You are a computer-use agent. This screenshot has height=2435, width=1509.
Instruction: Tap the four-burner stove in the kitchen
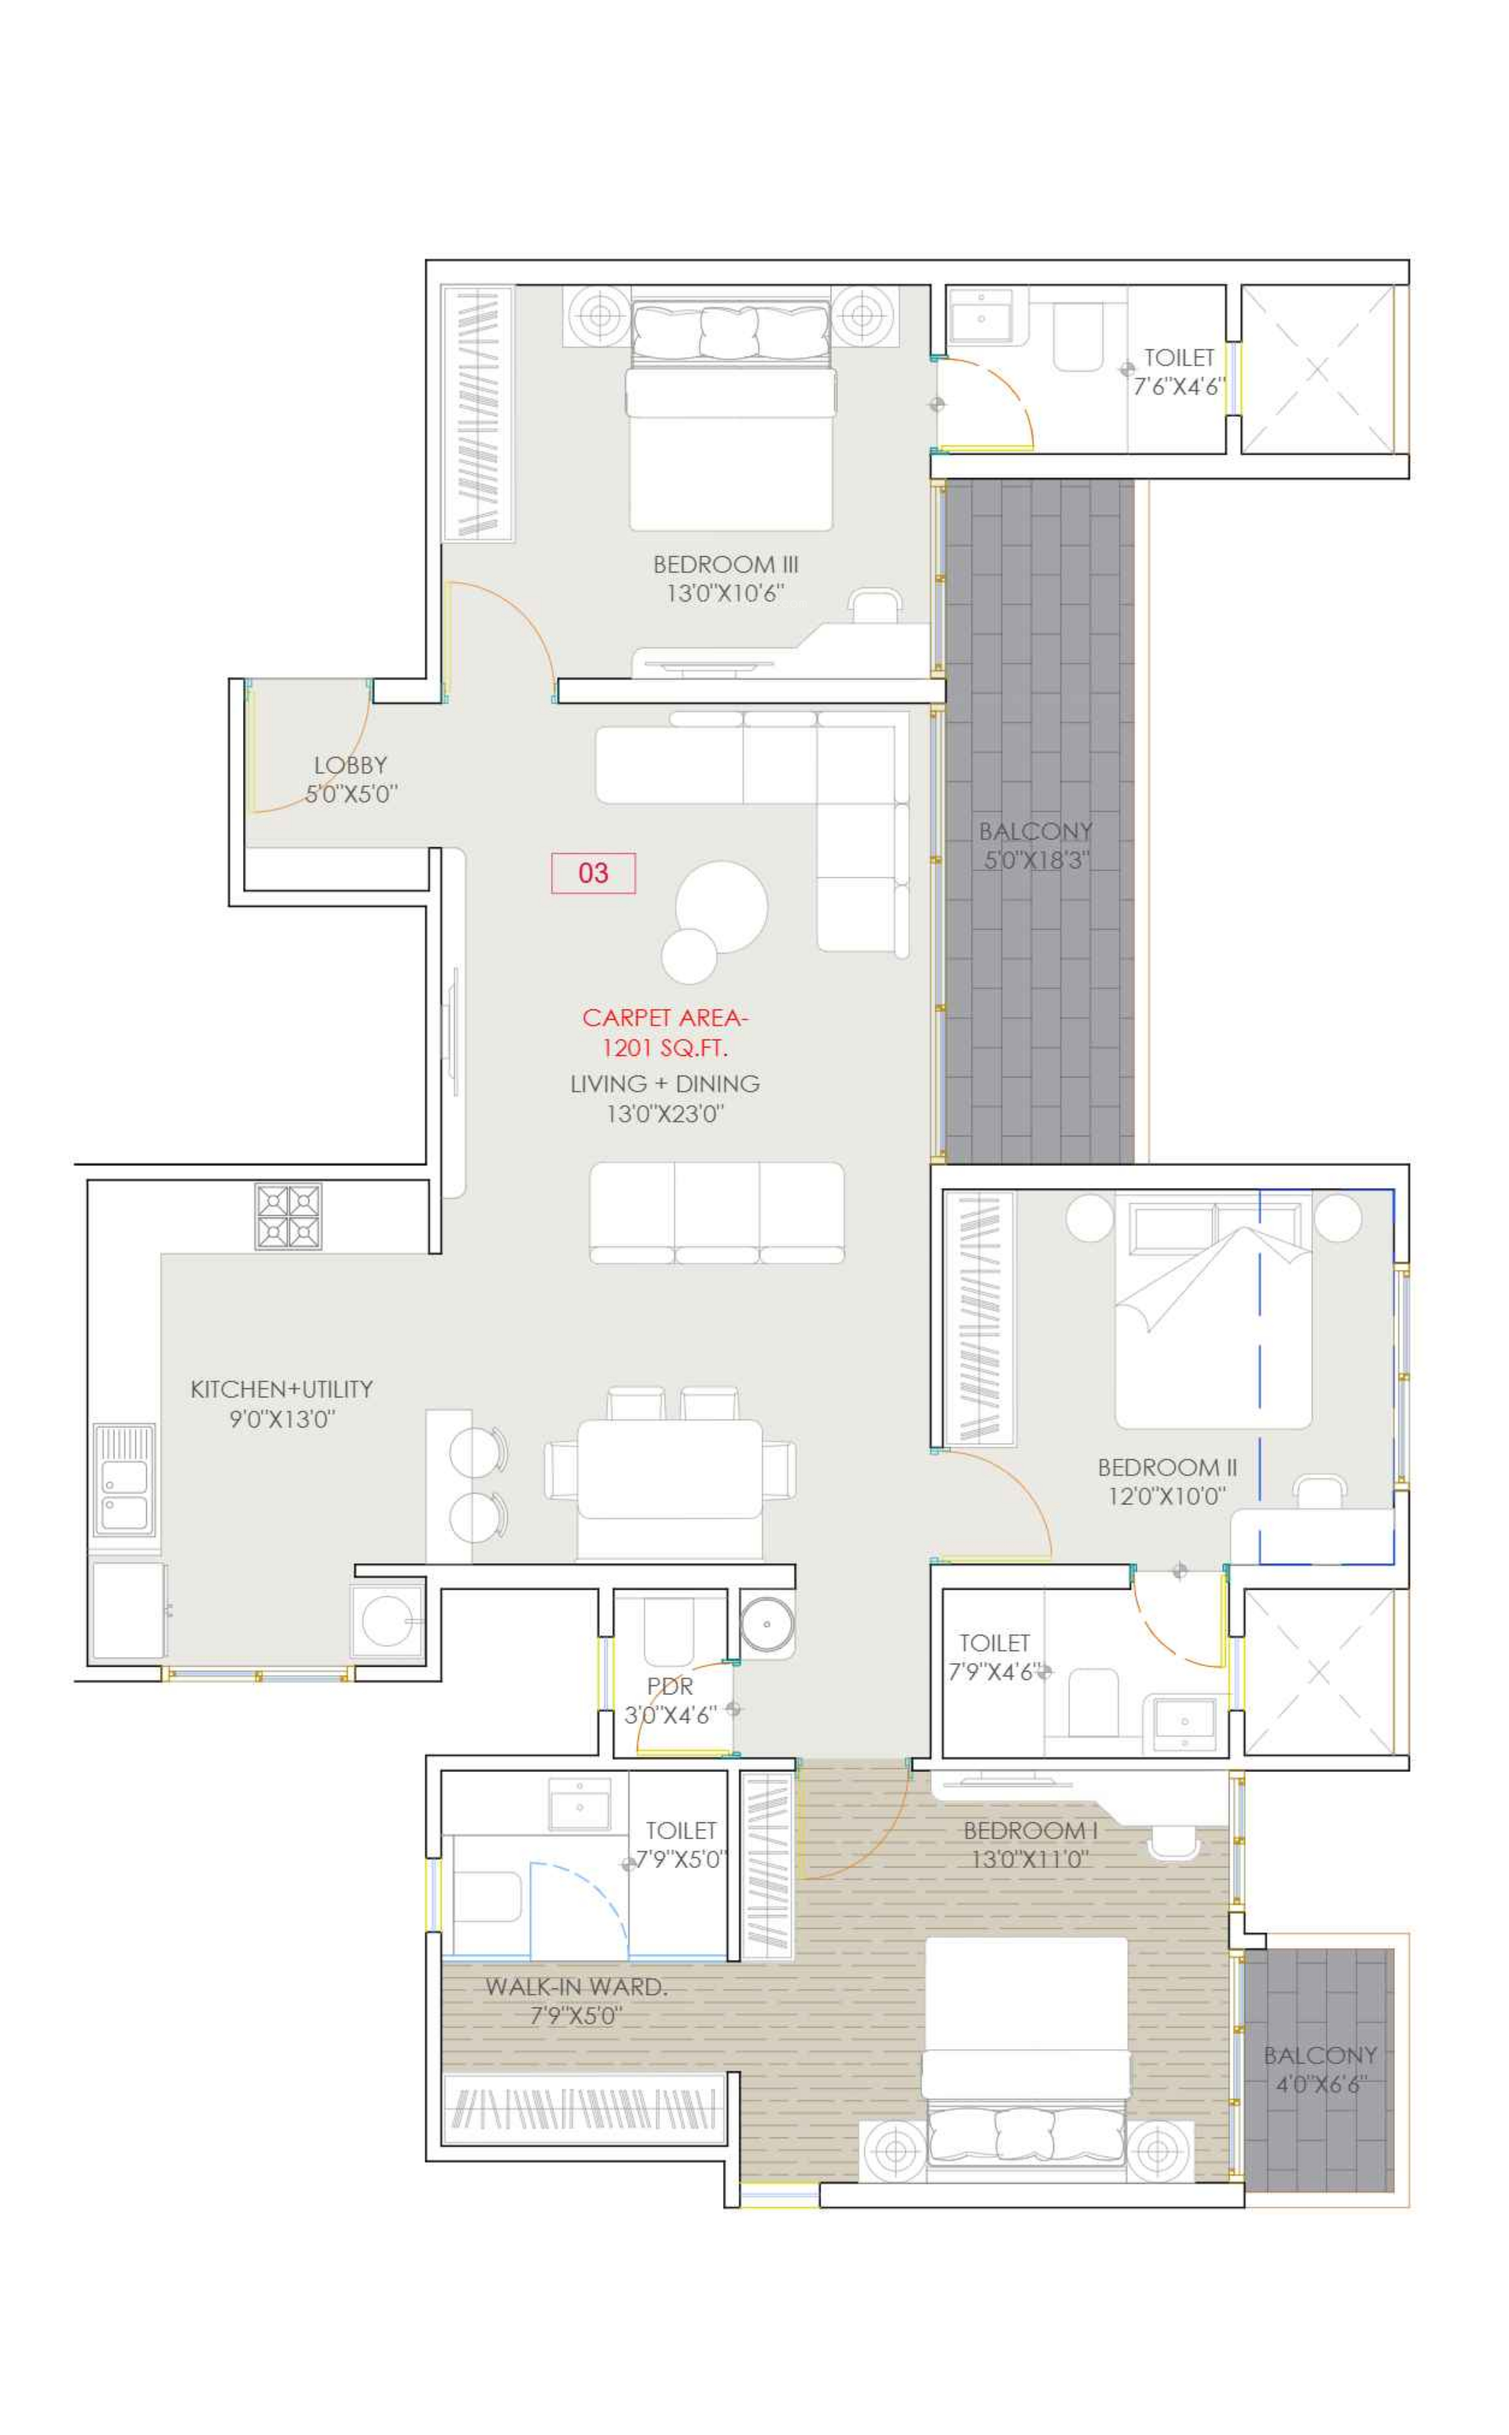(x=288, y=1216)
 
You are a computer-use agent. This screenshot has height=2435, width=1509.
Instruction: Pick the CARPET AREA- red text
(x=665, y=1017)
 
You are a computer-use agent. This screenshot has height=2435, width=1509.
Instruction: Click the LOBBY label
(x=350, y=765)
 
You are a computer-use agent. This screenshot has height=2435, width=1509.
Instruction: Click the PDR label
(x=670, y=1686)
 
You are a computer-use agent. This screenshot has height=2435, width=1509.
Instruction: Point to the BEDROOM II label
(x=1167, y=1467)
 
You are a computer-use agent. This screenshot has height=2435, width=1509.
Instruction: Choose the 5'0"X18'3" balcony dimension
(x=1036, y=860)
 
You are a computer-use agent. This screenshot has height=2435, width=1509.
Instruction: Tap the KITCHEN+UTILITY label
(x=281, y=1389)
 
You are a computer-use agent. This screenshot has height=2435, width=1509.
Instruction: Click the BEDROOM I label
(x=1030, y=1830)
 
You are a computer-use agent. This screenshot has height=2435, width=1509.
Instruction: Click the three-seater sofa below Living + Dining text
(x=716, y=1212)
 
